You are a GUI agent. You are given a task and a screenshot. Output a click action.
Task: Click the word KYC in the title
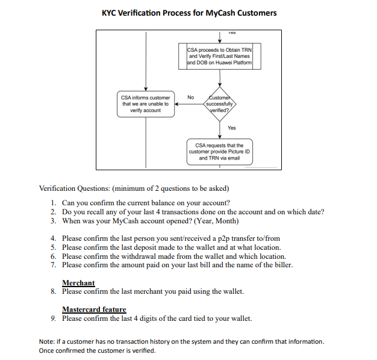(113, 13)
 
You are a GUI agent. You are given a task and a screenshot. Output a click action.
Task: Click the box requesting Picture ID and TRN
(219, 152)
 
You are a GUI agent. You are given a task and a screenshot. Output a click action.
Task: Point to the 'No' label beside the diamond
(191, 97)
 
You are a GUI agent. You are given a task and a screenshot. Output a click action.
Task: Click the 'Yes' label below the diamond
(232, 128)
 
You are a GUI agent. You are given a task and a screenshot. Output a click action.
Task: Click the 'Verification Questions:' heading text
(73, 188)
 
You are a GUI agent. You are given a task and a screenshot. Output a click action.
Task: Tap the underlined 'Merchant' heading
(78, 283)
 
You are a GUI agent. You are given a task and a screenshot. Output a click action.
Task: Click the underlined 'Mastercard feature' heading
(94, 309)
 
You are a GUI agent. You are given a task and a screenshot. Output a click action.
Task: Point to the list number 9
(54, 318)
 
